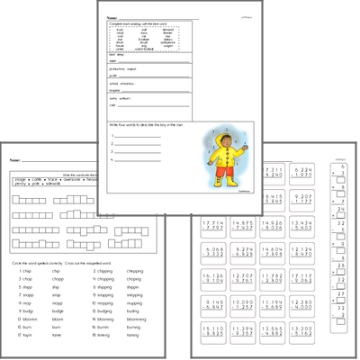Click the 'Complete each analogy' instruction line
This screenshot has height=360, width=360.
(x=144, y=24)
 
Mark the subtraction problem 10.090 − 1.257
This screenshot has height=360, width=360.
(x=302, y=308)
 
